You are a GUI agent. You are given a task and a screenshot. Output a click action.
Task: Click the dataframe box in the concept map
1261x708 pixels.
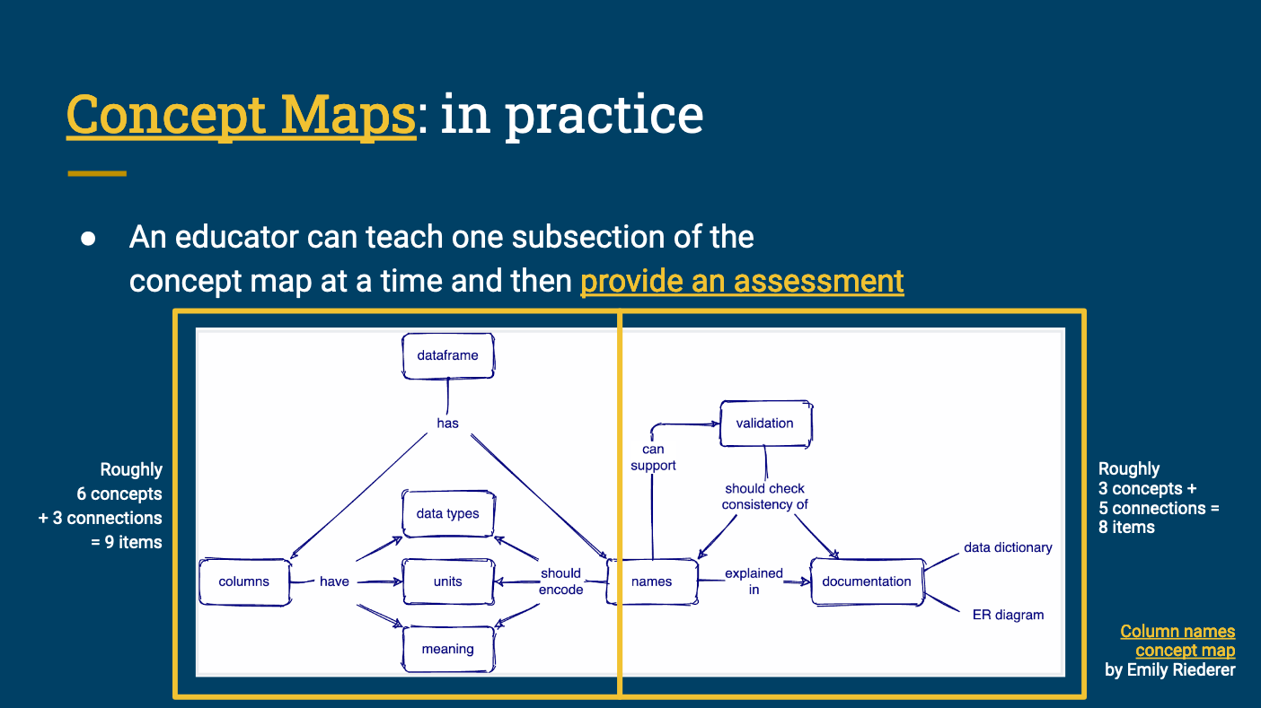pos(447,355)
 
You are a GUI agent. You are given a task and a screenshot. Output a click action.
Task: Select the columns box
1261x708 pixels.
pos(243,581)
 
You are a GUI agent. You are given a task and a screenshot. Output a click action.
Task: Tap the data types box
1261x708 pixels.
pos(447,513)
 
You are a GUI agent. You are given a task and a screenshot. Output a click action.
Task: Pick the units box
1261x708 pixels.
pos(447,581)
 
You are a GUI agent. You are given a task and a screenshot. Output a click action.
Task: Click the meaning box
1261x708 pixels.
pos(447,649)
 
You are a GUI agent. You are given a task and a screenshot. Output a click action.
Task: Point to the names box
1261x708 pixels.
pos(651,581)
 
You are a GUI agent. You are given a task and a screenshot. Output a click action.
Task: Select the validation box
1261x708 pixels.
pos(764,424)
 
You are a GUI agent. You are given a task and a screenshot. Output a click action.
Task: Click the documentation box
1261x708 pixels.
pos(866,581)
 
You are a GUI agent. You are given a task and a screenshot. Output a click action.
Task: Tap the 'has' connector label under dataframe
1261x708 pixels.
pos(447,424)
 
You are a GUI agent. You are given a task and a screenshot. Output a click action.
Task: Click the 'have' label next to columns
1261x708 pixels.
pos(334,581)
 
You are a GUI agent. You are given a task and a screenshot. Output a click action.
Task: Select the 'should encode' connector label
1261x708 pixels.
pos(560,581)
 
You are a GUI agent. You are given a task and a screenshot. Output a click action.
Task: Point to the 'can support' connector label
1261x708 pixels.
pos(653,457)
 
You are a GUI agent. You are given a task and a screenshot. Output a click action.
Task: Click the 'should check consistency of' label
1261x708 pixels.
pos(764,496)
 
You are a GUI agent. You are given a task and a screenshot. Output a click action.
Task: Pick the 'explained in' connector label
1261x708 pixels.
pos(754,581)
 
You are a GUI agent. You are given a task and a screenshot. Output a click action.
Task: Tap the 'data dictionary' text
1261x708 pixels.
pos(1008,547)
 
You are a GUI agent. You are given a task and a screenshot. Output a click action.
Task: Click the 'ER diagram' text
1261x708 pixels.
pos(1008,615)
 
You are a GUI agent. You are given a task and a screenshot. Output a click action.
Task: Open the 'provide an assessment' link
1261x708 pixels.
pos(742,281)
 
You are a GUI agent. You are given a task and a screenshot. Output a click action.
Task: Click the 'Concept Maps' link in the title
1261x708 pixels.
pos(241,115)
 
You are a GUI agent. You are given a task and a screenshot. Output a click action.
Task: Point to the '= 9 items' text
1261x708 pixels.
pos(126,542)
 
